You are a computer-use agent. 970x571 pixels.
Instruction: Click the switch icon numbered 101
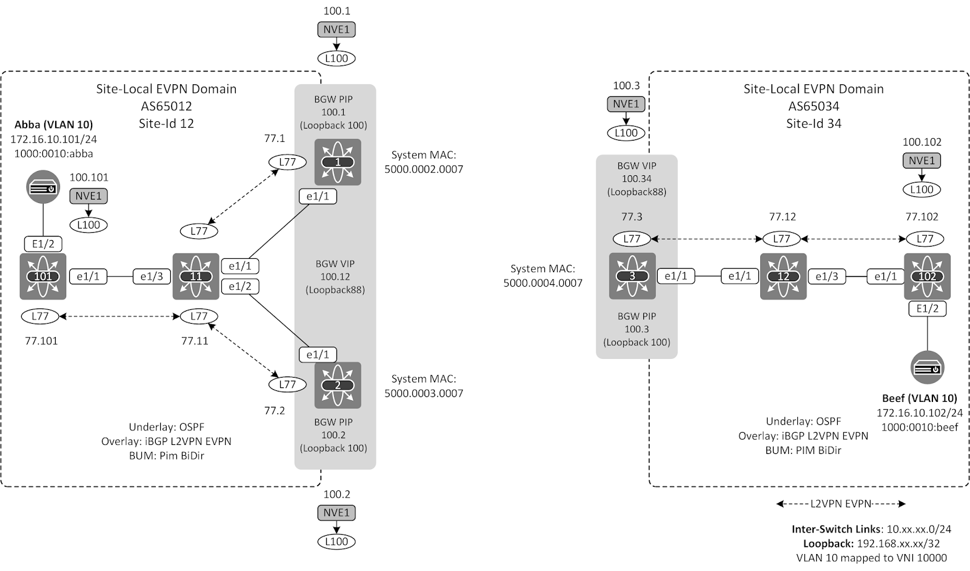point(42,276)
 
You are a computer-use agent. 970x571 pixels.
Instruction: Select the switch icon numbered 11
point(195,276)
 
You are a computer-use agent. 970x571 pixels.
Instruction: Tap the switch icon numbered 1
point(338,162)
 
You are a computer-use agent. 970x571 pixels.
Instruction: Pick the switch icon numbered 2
point(338,385)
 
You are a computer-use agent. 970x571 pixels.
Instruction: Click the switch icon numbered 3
point(632,276)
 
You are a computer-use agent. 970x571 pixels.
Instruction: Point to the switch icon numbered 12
point(783,276)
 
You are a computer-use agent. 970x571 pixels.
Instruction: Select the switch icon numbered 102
point(927,276)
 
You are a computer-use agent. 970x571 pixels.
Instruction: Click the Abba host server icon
point(43,188)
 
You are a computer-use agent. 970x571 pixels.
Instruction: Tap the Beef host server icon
point(927,367)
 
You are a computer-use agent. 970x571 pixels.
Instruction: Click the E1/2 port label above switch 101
point(43,244)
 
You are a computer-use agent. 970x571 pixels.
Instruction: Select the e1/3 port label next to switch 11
point(152,276)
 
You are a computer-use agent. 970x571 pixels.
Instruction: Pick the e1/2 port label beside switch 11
point(240,286)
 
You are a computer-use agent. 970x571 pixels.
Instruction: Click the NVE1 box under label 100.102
point(921,161)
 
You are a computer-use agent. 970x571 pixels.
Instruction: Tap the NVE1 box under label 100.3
point(626,104)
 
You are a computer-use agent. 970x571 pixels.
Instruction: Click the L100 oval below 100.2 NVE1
point(336,541)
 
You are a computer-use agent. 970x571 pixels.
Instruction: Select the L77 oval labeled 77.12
point(781,239)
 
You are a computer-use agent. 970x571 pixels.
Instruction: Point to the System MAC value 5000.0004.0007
point(543,282)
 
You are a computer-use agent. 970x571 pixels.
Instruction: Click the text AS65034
point(813,106)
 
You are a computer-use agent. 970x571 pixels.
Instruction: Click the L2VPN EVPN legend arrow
point(840,504)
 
